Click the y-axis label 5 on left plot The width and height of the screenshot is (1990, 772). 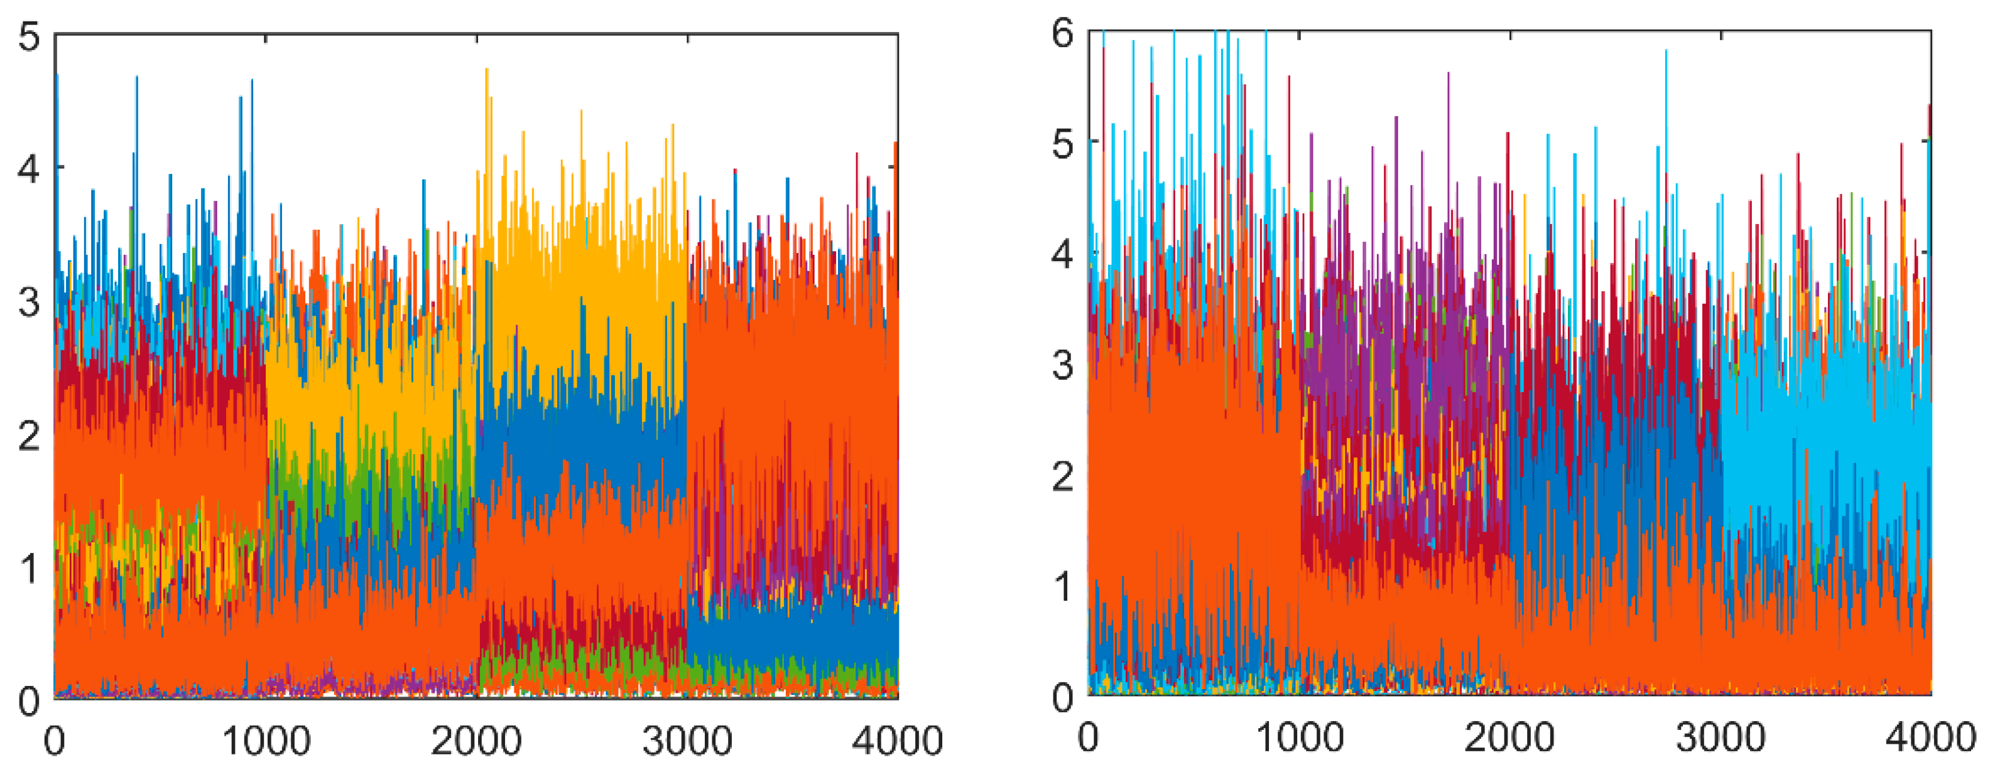pyautogui.click(x=30, y=37)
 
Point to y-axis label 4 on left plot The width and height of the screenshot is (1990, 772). pyautogui.click(x=30, y=169)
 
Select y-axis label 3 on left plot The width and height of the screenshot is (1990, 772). pyautogui.click(x=30, y=303)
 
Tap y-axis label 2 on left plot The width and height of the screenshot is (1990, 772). pyautogui.click(x=30, y=437)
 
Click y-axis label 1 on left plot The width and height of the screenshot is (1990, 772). pyautogui.click(x=30, y=570)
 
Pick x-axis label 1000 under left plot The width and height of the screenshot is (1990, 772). pyautogui.click(x=266, y=742)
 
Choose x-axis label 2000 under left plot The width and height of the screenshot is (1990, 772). pyautogui.click(x=477, y=742)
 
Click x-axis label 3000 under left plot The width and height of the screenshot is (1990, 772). pyautogui.click(x=688, y=742)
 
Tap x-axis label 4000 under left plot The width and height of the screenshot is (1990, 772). pyautogui.click(x=897, y=742)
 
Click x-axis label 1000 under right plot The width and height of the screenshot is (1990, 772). pyautogui.click(x=1300, y=739)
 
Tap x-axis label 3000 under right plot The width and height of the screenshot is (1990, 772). pyautogui.click(x=1721, y=739)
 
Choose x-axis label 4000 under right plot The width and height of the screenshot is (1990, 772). pyautogui.click(x=1930, y=739)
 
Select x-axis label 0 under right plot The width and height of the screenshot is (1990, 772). pyautogui.click(x=1089, y=739)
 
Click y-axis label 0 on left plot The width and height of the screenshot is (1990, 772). pyautogui.click(x=30, y=702)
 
